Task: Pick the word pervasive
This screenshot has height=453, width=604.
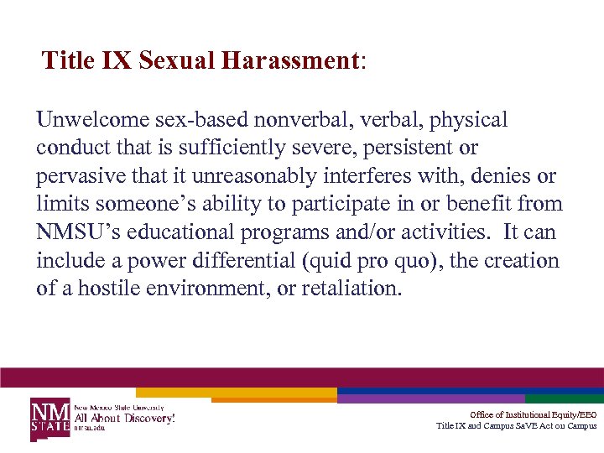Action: pos(74,177)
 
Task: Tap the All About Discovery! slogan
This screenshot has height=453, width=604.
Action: pos(125,418)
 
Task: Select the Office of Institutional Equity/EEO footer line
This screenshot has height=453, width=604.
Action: pos(534,415)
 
